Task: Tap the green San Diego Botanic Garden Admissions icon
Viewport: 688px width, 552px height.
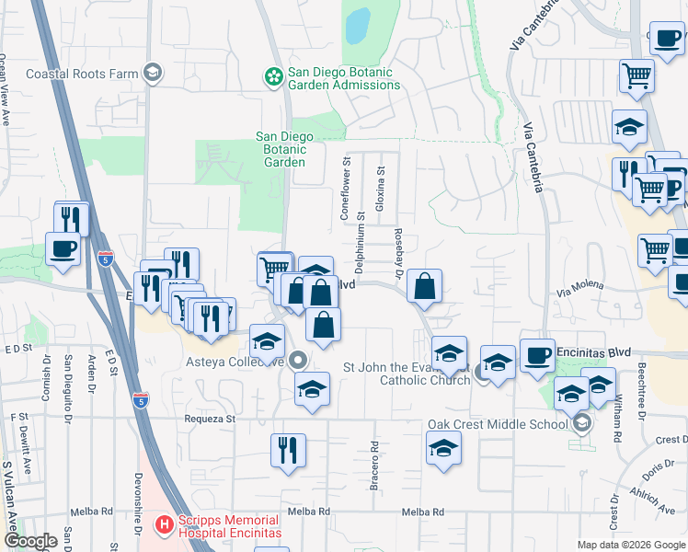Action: pyautogui.click(x=273, y=77)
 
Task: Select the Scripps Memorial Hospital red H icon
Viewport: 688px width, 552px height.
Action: pyautogui.click(x=165, y=525)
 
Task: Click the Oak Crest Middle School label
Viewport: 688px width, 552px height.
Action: pyautogui.click(x=498, y=424)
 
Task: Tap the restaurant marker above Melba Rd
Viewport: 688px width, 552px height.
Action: pyautogui.click(x=289, y=450)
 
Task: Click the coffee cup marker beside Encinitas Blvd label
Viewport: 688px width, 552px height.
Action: pyautogui.click(x=537, y=355)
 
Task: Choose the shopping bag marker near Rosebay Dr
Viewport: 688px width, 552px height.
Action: pyautogui.click(x=424, y=286)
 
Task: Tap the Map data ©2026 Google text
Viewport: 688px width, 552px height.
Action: pyautogui.click(x=630, y=545)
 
